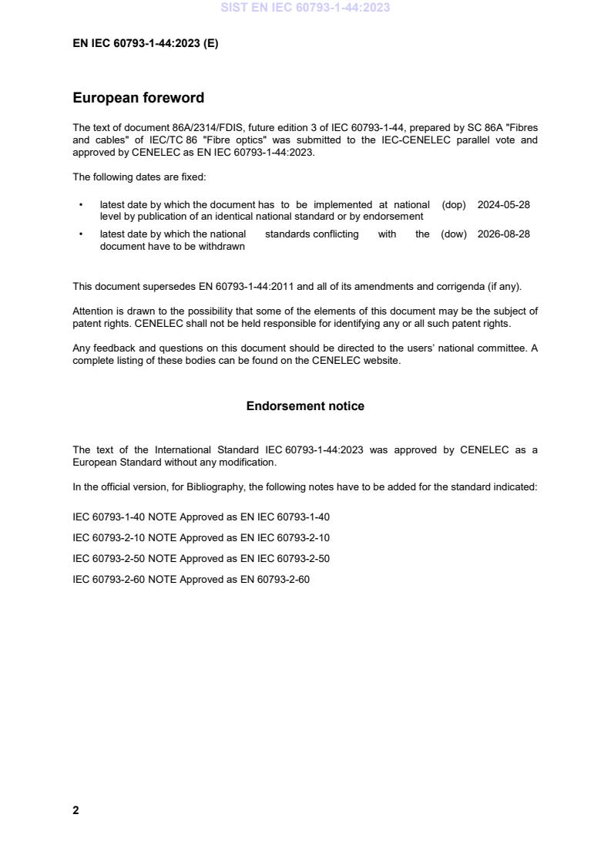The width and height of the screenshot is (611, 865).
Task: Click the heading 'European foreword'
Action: pos(139,98)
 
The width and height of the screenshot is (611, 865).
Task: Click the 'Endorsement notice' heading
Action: pos(305,406)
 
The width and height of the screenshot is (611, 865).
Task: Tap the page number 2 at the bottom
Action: pos(76,810)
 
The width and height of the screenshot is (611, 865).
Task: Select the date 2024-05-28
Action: pos(503,205)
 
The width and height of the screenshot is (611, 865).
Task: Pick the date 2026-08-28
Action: pos(503,234)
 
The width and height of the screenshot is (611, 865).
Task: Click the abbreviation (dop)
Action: pos(454,205)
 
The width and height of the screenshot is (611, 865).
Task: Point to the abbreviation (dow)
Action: pos(454,234)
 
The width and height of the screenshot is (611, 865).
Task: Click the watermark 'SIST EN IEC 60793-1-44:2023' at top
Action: pos(305,8)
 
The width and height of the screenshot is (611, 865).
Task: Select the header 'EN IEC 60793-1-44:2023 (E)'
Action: pos(145,44)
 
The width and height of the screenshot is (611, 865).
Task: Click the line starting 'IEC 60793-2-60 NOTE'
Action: pos(190,580)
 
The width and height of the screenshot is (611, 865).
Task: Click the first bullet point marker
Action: pos(81,205)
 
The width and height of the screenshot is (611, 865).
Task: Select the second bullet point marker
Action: pos(81,234)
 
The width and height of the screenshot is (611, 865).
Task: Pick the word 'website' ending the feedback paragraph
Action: pos(381,361)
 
